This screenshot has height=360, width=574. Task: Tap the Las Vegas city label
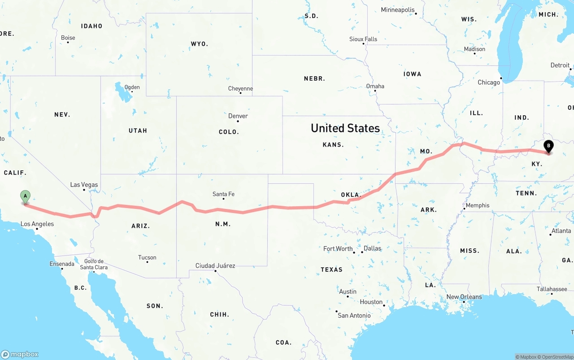[x=84, y=185]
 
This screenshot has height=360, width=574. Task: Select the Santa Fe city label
[x=223, y=194]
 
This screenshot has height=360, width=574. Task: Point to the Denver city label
[x=238, y=116]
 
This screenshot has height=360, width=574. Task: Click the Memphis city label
[x=478, y=205]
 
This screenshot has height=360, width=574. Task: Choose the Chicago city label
[x=489, y=82]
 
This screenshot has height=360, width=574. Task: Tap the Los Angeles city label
[x=37, y=224]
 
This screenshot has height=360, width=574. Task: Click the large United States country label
[x=345, y=128]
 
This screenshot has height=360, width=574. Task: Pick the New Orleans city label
[x=464, y=297]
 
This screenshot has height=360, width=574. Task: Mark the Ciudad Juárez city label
[x=215, y=265]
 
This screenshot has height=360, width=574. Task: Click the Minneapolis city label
[x=398, y=10]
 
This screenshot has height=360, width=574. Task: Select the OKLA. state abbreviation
[x=351, y=195]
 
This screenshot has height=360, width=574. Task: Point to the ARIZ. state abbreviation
[x=140, y=226]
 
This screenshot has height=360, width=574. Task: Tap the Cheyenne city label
[x=240, y=88]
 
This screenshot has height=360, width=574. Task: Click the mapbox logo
[x=20, y=354]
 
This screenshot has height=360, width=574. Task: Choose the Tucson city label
[x=147, y=257]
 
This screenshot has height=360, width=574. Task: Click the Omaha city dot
[x=375, y=91]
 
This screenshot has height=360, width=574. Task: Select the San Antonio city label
[x=354, y=315]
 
